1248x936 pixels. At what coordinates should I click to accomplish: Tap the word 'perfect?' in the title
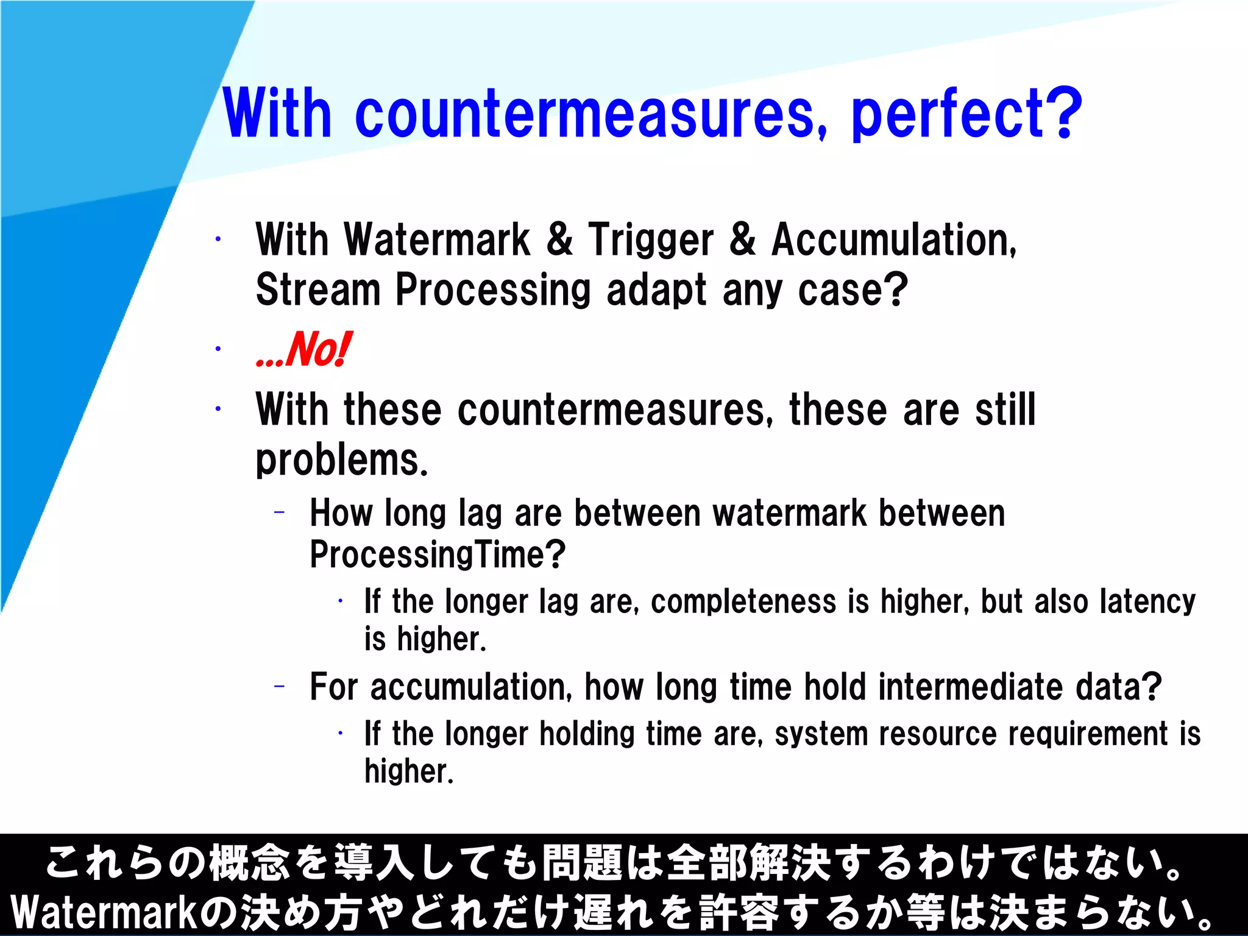[966, 115]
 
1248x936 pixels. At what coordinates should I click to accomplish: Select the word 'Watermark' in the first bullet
[437, 240]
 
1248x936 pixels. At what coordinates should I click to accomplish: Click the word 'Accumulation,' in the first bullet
[894, 240]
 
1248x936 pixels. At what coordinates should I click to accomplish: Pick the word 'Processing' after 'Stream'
[493, 290]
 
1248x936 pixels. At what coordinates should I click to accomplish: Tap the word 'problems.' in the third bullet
[342, 461]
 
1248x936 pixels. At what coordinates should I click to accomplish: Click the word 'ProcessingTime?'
[438, 555]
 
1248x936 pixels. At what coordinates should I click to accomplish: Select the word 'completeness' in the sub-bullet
[743, 602]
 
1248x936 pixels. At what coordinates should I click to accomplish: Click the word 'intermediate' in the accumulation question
[971, 687]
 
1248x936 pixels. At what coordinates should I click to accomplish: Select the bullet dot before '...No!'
[218, 349]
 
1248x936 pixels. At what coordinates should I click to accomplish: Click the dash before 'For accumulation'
[280, 687]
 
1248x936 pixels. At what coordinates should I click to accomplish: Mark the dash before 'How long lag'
[280, 513]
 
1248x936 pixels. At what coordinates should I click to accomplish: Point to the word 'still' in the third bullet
[1005, 410]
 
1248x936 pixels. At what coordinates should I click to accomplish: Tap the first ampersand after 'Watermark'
[559, 240]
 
